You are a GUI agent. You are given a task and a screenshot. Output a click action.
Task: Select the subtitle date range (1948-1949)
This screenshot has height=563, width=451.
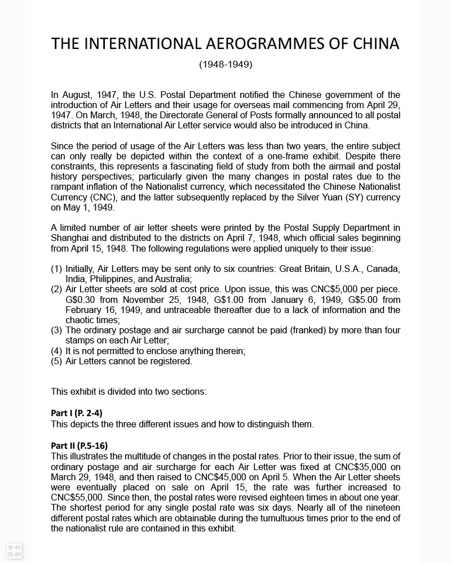pos(225,64)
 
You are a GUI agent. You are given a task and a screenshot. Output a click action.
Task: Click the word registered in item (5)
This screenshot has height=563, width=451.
pos(170,361)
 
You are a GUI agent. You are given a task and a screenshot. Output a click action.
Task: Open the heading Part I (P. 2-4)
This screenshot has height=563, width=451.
pos(77,413)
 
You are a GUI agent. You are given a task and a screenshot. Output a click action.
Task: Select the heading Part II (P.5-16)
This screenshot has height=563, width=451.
pos(79,446)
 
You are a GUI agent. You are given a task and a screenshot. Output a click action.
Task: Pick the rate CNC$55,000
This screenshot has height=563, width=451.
pos(77,498)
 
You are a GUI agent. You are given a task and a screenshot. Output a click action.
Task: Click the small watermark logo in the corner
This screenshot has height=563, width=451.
pos(14,551)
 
